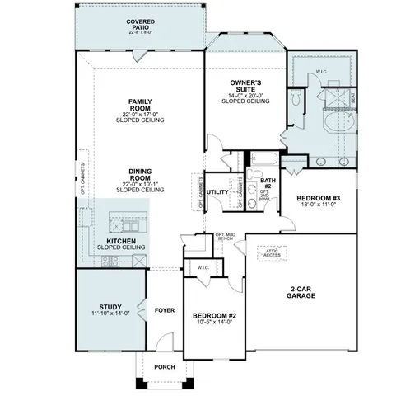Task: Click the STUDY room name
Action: point(111,309)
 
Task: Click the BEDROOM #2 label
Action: point(214,316)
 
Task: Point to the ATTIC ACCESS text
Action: point(271,255)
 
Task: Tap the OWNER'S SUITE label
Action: point(245,83)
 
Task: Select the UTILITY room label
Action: point(217,192)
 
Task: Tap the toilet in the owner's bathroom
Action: point(294,97)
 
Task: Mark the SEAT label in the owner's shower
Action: point(352,97)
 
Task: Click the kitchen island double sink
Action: point(129,223)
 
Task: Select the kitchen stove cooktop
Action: point(110,262)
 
